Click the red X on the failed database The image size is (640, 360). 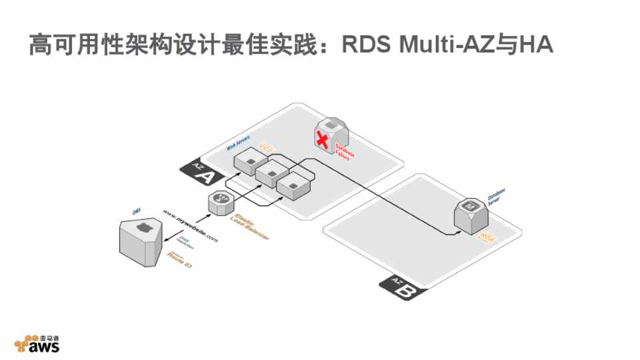(x=323, y=140)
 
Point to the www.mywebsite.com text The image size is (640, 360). (x=191, y=225)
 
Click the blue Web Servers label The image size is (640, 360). (x=238, y=141)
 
